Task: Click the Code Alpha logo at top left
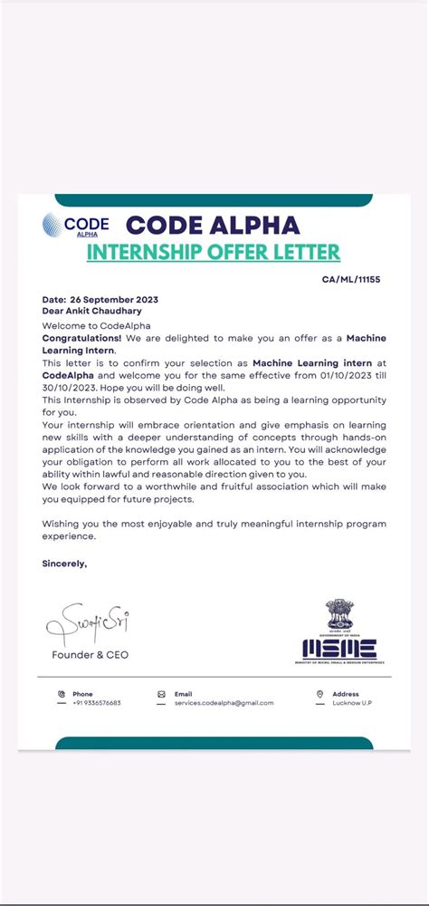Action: tap(75, 225)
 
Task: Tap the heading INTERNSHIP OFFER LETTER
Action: tap(213, 252)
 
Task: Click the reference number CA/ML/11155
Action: tap(350, 280)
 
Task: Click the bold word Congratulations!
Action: tap(82, 337)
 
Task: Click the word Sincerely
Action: tap(65, 563)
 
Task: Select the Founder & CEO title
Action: tap(90, 654)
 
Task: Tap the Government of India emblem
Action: tap(339, 614)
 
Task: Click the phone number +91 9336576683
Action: tap(96, 703)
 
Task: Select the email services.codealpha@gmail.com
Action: tap(224, 703)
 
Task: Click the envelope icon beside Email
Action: tap(161, 694)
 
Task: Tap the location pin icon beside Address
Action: tap(320, 694)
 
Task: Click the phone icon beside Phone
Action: tap(62, 694)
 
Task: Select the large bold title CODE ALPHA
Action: tap(212, 225)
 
